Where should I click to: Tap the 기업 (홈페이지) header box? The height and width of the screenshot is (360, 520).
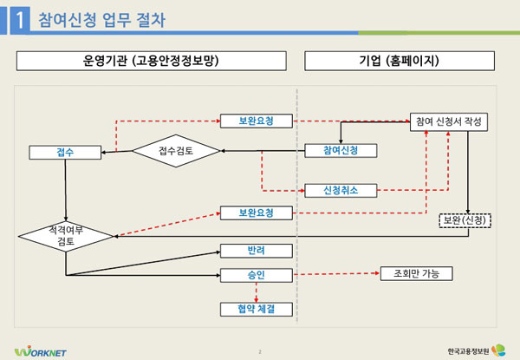tap(400, 61)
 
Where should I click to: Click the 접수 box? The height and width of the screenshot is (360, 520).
tap(65, 152)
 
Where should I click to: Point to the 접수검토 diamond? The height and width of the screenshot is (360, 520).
tap(176, 151)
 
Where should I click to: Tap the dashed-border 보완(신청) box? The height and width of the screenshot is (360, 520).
tap(465, 219)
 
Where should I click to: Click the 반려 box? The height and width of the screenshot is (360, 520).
tap(256, 251)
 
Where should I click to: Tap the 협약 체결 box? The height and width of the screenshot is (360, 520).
tap(256, 308)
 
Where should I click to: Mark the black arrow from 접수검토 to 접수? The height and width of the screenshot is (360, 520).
tap(116, 153)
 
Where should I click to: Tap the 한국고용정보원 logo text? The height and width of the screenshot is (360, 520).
tap(467, 350)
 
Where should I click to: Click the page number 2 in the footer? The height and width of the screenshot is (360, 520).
tap(260, 350)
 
